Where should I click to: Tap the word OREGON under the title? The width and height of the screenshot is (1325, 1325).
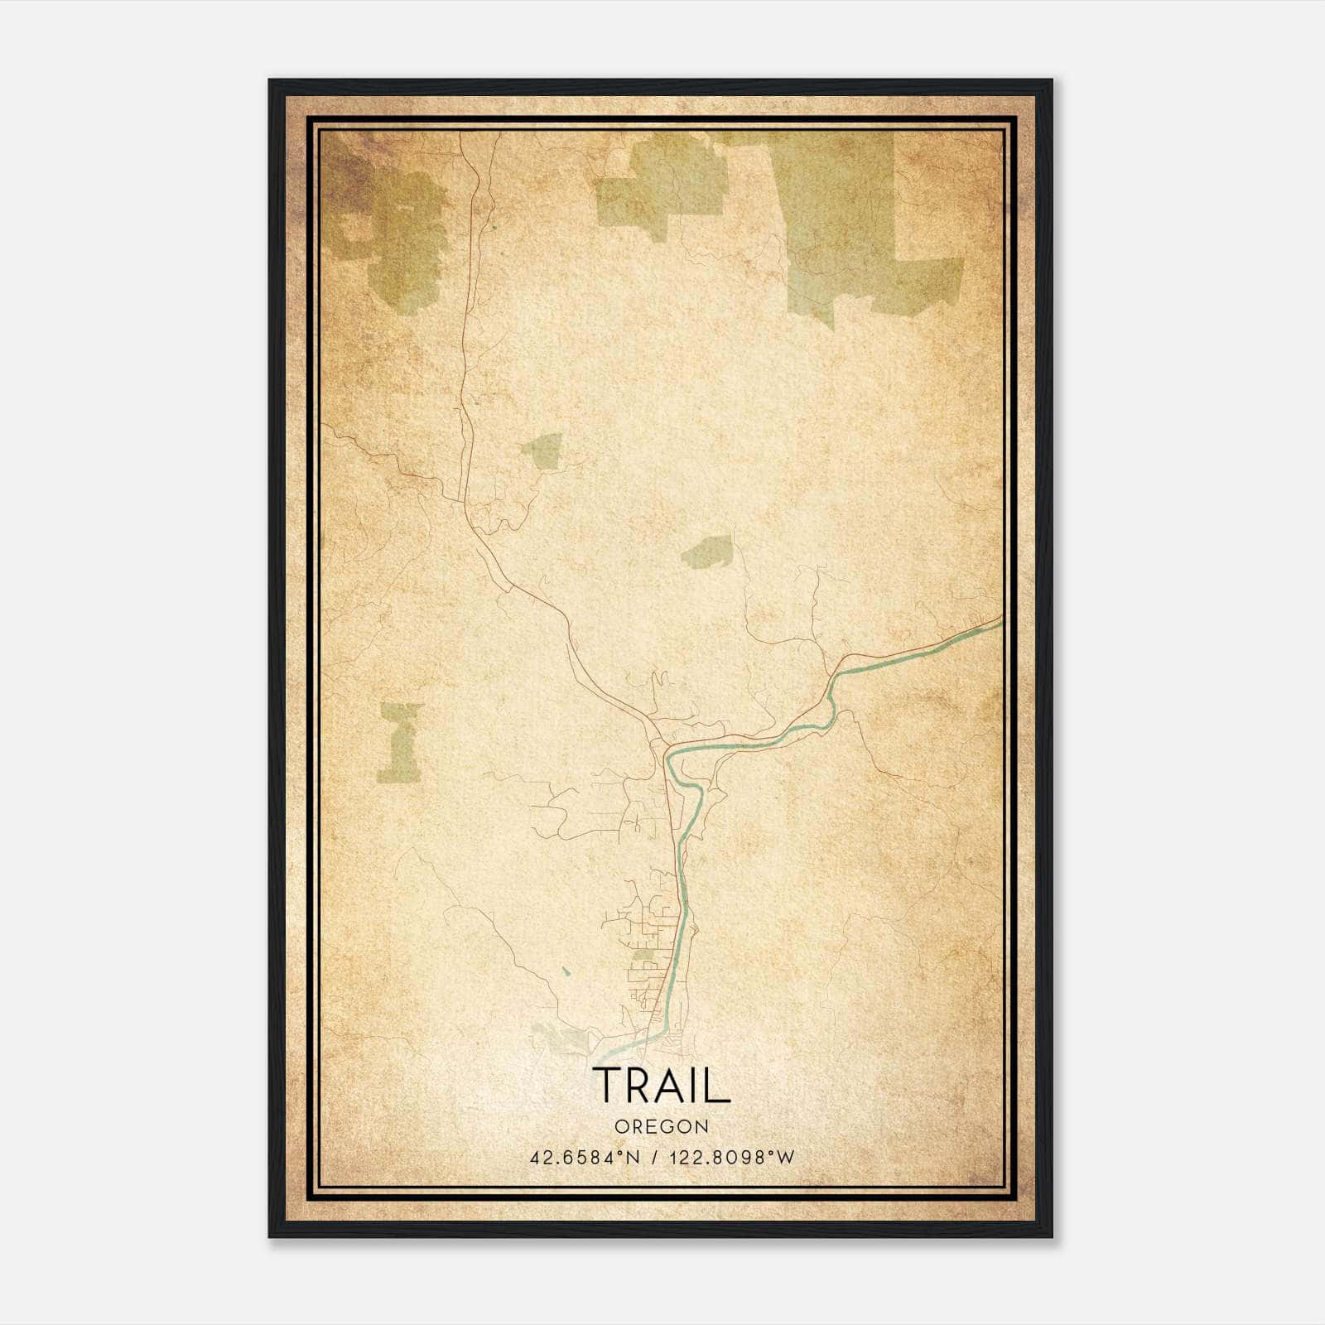[662, 1127]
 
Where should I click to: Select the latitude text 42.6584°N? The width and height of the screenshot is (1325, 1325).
[585, 1158]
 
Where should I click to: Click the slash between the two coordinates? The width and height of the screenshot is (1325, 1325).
[656, 1158]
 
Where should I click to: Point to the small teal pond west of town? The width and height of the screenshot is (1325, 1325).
[566, 971]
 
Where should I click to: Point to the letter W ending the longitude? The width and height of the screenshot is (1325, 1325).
[787, 1158]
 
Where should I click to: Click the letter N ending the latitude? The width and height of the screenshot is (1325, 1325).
[635, 1158]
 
